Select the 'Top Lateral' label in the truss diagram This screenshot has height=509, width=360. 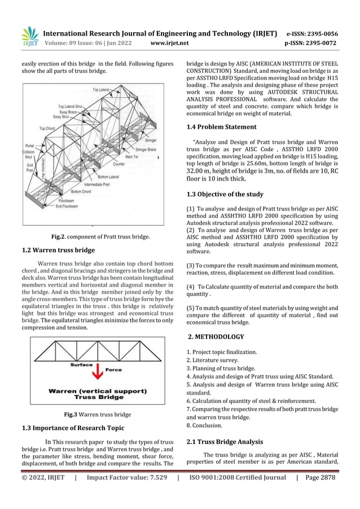pyautogui.click(x=102, y=90)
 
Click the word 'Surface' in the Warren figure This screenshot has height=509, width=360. pyautogui.click(x=81, y=365)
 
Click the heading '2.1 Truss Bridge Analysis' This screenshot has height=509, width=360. pyautogui.click(x=225, y=441)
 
